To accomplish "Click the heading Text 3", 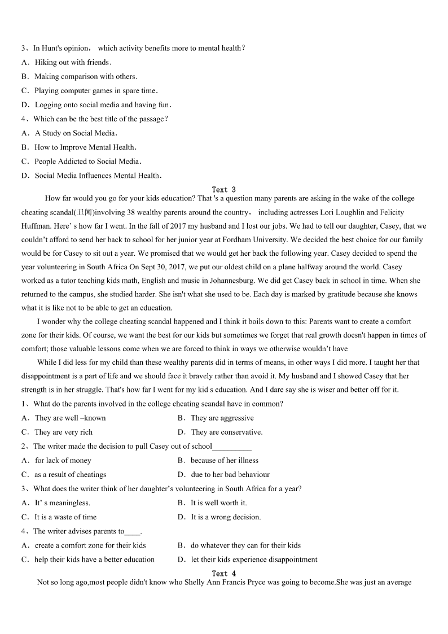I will click(223, 190).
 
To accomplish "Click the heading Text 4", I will click(223, 574).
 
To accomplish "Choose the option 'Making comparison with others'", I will click(85, 77).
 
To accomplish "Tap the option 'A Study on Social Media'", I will click(75, 133).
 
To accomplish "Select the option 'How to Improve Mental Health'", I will click(85, 147).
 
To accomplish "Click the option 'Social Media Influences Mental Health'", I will click(98, 176).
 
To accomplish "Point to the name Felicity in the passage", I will click(390, 213).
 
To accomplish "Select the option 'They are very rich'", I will click(63, 432).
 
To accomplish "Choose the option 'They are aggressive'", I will click(222, 418).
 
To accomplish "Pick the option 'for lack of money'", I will click(63, 461).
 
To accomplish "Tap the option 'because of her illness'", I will click(224, 461).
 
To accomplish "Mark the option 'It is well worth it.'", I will click(218, 503).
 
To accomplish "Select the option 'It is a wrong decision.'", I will click(226, 517).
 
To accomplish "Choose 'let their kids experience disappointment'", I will click(254, 560).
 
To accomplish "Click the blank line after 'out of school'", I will click(232, 447).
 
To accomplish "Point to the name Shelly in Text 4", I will click(194, 583).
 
